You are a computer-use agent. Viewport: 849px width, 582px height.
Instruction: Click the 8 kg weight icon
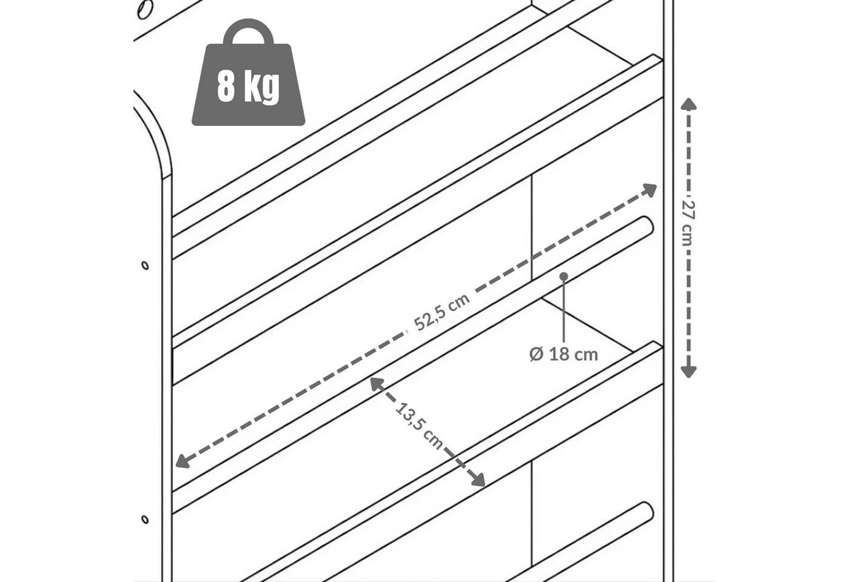[x=248, y=72]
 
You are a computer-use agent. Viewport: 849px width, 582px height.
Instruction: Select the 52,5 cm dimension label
[x=441, y=312]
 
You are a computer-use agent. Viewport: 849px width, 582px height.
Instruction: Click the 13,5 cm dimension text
[x=419, y=426]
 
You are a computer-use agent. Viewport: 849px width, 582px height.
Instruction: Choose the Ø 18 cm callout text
[x=563, y=355]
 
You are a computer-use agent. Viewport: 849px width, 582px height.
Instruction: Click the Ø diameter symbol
[x=536, y=355]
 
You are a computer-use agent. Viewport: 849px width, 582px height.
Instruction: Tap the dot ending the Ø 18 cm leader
[x=563, y=276]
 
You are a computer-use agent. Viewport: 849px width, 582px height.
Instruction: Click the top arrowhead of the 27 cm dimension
[x=688, y=104]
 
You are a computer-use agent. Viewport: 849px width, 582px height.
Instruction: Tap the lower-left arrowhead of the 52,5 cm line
[x=183, y=461]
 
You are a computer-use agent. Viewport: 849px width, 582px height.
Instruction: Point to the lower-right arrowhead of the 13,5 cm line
[x=478, y=480]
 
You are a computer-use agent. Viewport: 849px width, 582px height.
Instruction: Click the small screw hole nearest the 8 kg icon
[x=145, y=266]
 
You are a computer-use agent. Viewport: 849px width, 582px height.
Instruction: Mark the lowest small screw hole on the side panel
[x=145, y=519]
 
